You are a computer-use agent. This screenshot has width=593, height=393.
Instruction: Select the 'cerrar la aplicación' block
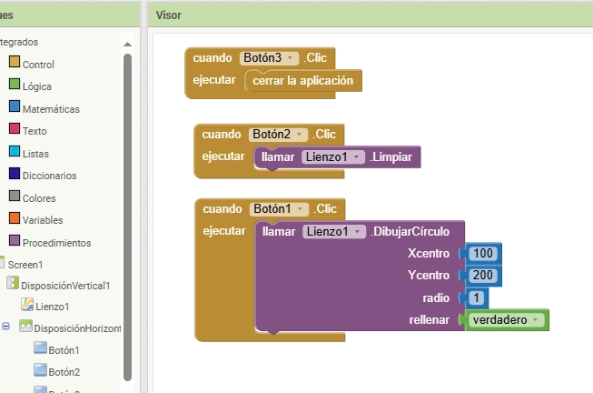[x=302, y=81]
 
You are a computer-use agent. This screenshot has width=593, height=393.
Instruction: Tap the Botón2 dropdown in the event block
[x=279, y=134]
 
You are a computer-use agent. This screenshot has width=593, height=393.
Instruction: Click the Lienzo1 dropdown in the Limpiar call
[x=332, y=156]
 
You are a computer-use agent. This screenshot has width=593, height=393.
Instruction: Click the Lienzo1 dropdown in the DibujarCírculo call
[x=332, y=231]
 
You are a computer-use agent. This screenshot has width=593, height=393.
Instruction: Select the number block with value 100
[x=482, y=253]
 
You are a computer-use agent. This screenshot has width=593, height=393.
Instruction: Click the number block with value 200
[x=482, y=275]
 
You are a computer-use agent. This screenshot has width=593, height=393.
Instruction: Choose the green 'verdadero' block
[x=506, y=320]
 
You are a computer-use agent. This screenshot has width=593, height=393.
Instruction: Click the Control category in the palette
[x=38, y=65]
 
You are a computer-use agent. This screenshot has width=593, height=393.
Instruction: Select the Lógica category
[x=36, y=86]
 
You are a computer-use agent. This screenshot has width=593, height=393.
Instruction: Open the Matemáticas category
[x=51, y=109]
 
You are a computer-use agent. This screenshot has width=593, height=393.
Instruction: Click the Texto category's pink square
[x=15, y=131]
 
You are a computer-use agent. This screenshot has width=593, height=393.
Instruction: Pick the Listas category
[x=35, y=153]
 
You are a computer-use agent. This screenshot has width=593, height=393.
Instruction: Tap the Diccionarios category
[x=49, y=176]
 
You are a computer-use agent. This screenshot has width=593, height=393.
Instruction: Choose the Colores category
[x=39, y=197]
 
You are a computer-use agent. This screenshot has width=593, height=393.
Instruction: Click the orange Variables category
[x=42, y=220]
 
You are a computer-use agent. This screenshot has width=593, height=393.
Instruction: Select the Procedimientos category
[x=56, y=243]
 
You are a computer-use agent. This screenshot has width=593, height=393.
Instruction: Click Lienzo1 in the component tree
[x=52, y=307]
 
